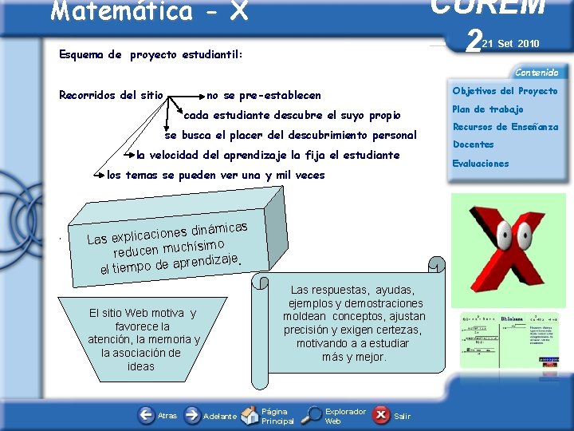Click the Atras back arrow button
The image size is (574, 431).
coord(146,415)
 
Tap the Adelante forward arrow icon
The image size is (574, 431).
coord(192,415)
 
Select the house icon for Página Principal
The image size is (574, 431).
coord(250,415)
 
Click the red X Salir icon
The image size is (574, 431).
coord(382,415)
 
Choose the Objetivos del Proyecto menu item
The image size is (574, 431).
coord(505,91)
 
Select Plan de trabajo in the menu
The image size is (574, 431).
coord(488,109)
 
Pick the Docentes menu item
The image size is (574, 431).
coord(474,144)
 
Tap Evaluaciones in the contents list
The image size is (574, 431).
coord(481,164)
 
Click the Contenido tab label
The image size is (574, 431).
coord(536,73)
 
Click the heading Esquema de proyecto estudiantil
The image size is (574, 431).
coord(151,55)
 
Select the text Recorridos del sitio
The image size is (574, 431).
coord(111,96)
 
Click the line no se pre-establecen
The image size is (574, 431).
coord(264,95)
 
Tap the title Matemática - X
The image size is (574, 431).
coord(149,11)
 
